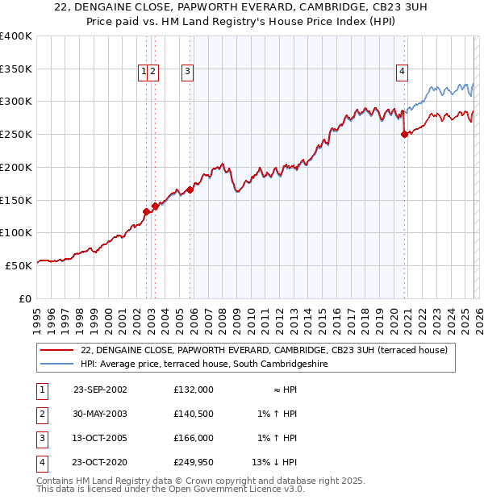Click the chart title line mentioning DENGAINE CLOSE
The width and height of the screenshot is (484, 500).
[242, 7]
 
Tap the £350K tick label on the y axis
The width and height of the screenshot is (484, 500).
[16, 69]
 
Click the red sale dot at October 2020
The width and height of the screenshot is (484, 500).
[404, 135]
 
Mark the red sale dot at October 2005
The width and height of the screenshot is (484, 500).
[190, 190]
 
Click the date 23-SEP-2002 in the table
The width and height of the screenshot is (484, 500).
[100, 390]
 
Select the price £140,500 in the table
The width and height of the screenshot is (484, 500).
[193, 414]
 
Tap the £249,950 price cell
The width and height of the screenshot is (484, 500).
[193, 462]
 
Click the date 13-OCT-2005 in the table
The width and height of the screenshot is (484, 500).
[100, 438]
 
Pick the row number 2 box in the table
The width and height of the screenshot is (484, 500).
[41, 414]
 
